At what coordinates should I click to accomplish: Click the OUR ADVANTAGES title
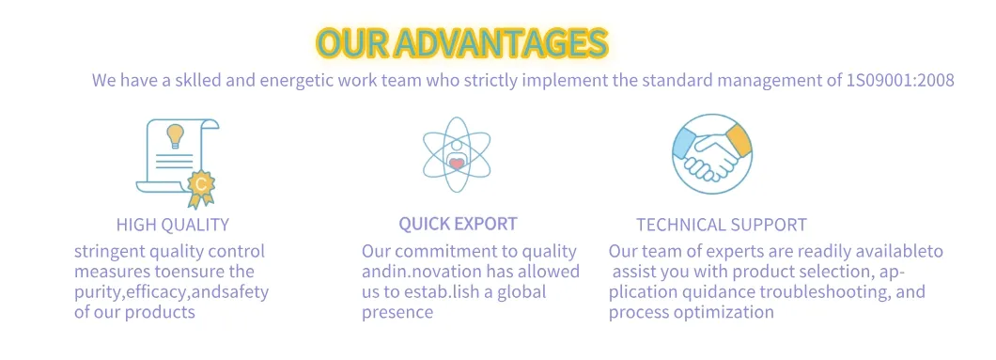pos(461,43)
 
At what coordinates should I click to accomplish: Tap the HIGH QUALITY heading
pos(173,224)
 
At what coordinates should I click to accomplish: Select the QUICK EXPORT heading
pos(458,224)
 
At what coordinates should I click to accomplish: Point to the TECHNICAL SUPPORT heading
pos(722,225)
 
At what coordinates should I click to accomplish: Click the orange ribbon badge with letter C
pos(201,187)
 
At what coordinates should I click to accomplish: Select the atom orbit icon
pos(457,154)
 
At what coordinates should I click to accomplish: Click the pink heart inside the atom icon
pos(457,164)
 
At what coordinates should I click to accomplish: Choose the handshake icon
pos(712,153)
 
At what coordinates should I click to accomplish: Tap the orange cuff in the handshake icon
pos(739,140)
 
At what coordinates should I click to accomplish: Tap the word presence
pos(397,312)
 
